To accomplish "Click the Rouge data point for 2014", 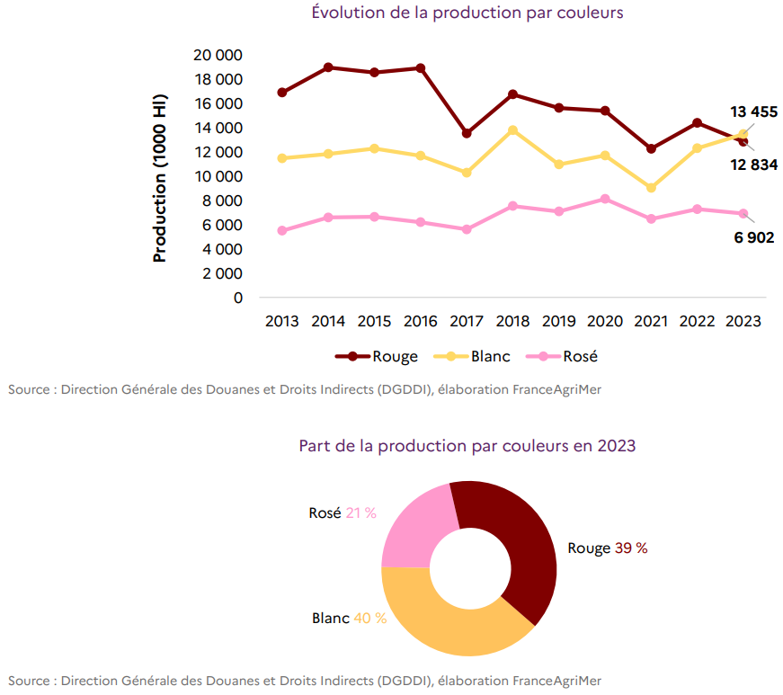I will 328,67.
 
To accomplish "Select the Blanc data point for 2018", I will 513,130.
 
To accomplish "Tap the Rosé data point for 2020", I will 605,199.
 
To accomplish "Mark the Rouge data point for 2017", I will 467,133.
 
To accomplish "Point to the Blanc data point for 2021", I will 651,188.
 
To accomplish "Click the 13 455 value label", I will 753,111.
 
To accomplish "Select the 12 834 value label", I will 752,165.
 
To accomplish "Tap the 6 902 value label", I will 753,238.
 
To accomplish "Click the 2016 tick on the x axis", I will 420,321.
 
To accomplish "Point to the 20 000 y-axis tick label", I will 218,55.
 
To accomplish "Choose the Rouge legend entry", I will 377,356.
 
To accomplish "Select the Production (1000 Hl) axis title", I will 160,177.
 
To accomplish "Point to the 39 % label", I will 630,548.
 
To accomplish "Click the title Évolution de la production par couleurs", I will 467,13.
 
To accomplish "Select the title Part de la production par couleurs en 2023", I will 467,446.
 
